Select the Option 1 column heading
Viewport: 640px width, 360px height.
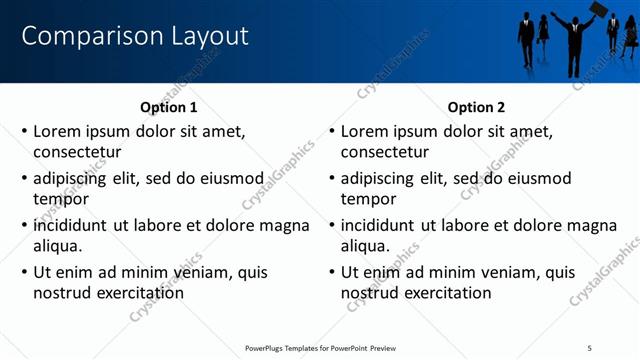(169, 108)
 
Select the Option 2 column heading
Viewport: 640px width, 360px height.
(477, 108)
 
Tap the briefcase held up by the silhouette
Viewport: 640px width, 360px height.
(597, 10)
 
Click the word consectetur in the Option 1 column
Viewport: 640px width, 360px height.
(77, 153)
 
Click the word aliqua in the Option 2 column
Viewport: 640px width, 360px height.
(364, 247)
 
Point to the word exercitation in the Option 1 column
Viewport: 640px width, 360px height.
(139, 293)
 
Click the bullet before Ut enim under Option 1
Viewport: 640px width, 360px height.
(25, 272)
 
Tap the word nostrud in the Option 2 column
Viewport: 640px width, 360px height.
(370, 293)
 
